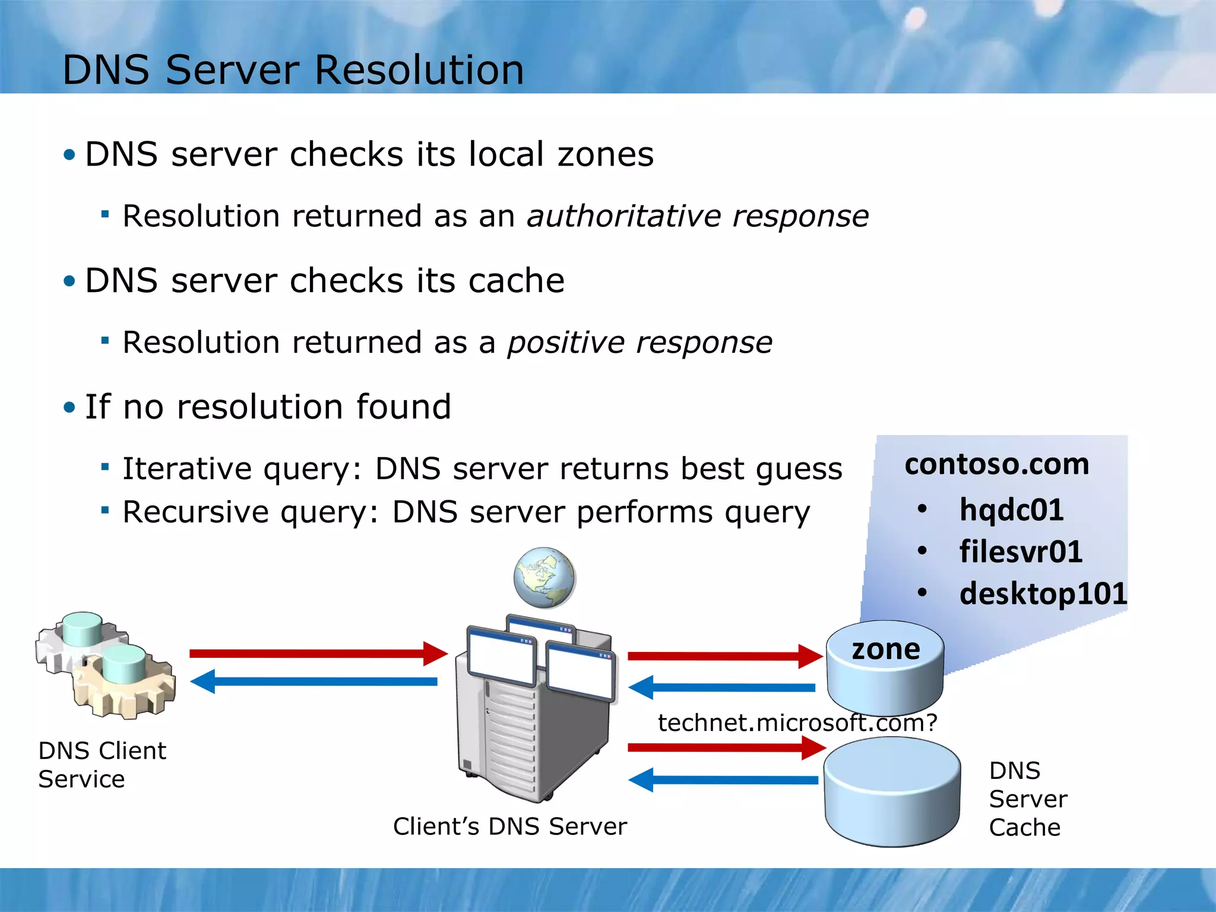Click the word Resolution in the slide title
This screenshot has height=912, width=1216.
[x=419, y=70]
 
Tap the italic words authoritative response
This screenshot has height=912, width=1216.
[x=698, y=216]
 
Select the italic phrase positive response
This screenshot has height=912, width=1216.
[x=639, y=343]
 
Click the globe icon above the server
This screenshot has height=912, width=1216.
[x=544, y=578]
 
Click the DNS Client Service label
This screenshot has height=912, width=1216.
[x=102, y=765]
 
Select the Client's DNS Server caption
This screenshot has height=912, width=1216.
[x=509, y=826]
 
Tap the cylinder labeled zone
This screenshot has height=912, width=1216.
[x=885, y=668]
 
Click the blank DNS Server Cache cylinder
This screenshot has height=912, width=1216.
[x=892, y=793]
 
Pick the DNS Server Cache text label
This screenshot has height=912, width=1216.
[x=1027, y=799]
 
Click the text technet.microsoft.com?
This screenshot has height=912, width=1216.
[x=797, y=723]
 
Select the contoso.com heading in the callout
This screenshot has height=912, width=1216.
[x=996, y=464]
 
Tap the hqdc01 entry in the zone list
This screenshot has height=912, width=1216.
[x=1011, y=510]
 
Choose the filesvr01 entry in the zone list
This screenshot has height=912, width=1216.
[x=1021, y=552]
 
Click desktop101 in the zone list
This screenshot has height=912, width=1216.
[x=1043, y=593]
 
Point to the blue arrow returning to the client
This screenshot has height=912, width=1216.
[x=315, y=682]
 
